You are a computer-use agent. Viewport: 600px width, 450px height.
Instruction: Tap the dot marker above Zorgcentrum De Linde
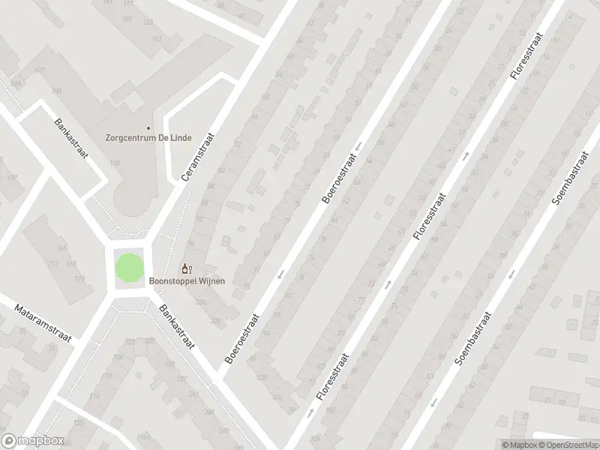148,128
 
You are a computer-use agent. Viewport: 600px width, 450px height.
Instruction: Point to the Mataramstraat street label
42,322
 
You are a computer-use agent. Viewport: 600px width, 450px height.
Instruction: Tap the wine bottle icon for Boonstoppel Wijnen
185,268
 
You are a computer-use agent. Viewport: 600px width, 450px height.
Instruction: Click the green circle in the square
128,268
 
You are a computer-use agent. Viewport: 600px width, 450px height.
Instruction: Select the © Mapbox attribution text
519,444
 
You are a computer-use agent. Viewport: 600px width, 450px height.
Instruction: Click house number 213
53,263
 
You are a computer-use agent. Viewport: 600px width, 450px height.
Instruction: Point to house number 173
79,279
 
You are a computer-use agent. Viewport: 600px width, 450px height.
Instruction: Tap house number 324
199,301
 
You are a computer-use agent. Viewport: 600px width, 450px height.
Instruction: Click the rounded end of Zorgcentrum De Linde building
134,202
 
